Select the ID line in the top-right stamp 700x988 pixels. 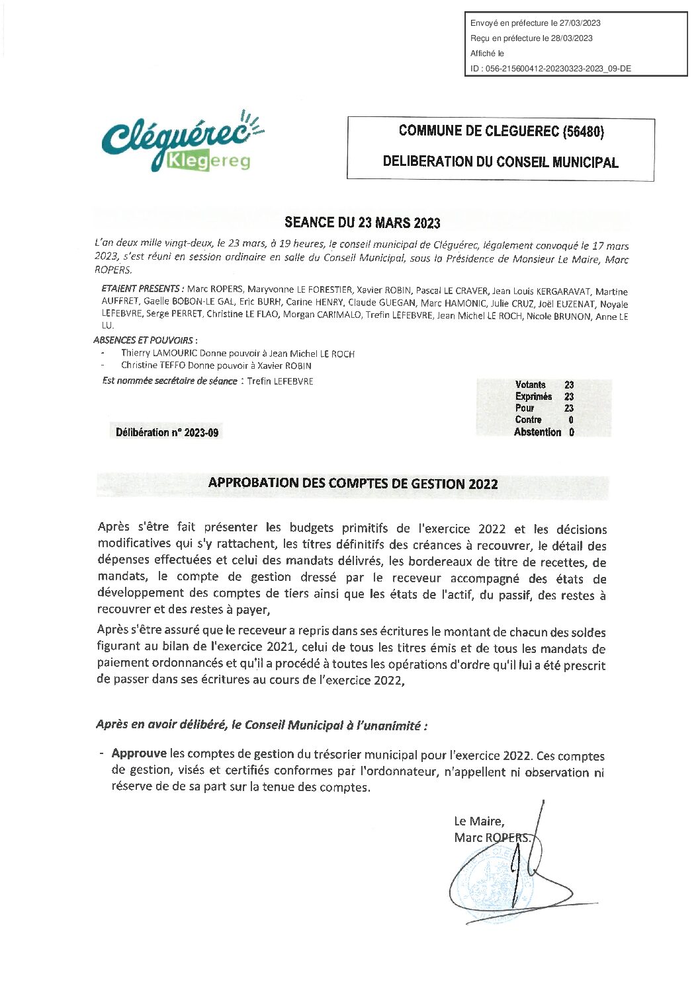click(x=550, y=69)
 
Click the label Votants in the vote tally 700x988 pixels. click(x=530, y=385)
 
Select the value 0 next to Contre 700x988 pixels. click(x=570, y=420)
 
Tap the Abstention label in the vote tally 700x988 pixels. click(x=537, y=432)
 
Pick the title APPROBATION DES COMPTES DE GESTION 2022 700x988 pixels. click(x=353, y=483)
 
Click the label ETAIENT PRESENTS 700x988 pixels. click(x=141, y=289)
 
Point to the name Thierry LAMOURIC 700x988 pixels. click(x=159, y=354)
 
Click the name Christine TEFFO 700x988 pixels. click(x=153, y=365)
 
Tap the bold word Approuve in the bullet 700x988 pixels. click(x=139, y=754)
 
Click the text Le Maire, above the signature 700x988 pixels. click(x=479, y=821)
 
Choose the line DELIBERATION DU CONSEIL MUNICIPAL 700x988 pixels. click(x=500, y=161)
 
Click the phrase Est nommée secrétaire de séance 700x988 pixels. click(x=169, y=381)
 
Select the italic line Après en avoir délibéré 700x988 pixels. click(x=261, y=725)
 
